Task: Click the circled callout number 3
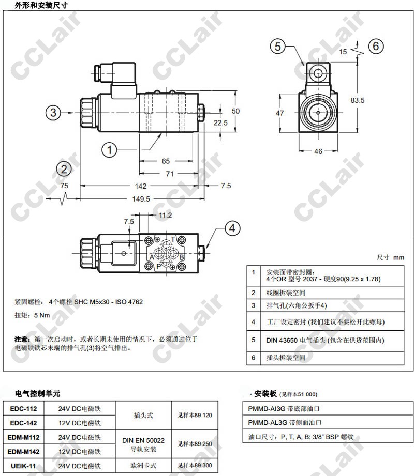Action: (53, 112)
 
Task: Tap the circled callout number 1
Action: (109, 150)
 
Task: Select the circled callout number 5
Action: (278, 47)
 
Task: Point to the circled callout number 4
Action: (232, 228)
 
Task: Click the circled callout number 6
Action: (376, 46)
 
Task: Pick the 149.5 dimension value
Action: (141, 199)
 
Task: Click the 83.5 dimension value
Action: (358, 100)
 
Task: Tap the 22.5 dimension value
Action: (220, 122)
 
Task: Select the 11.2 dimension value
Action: (166, 215)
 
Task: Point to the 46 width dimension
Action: (318, 151)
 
